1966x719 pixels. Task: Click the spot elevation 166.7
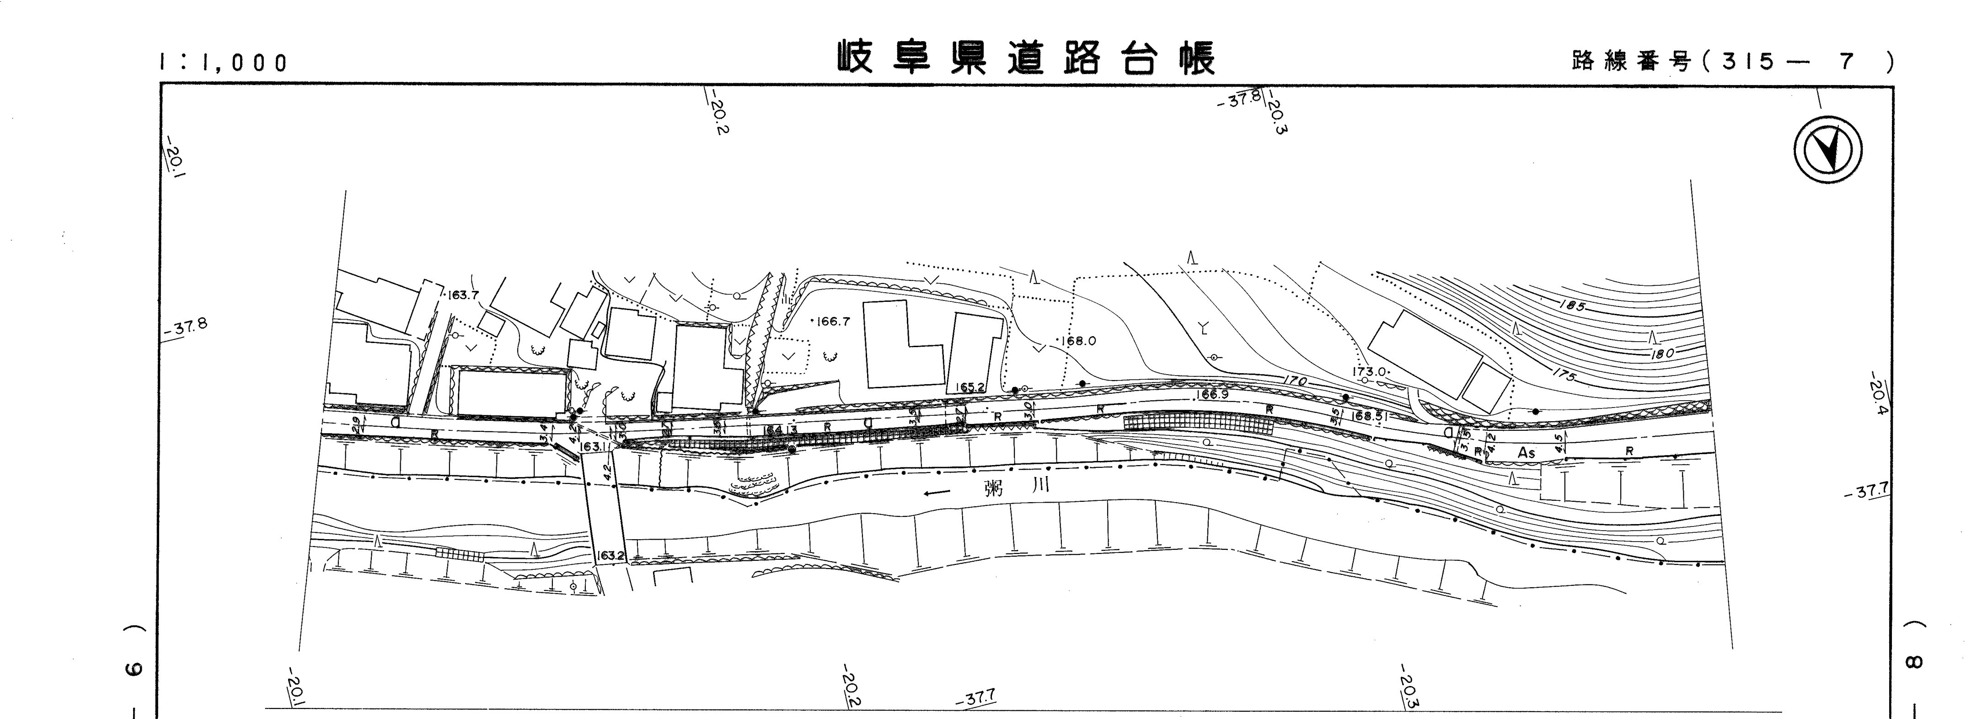[x=833, y=322]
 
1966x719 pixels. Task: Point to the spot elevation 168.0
[x=1079, y=341]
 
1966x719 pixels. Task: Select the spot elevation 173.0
[x=1369, y=372]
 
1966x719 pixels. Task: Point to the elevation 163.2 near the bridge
[x=612, y=557]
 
